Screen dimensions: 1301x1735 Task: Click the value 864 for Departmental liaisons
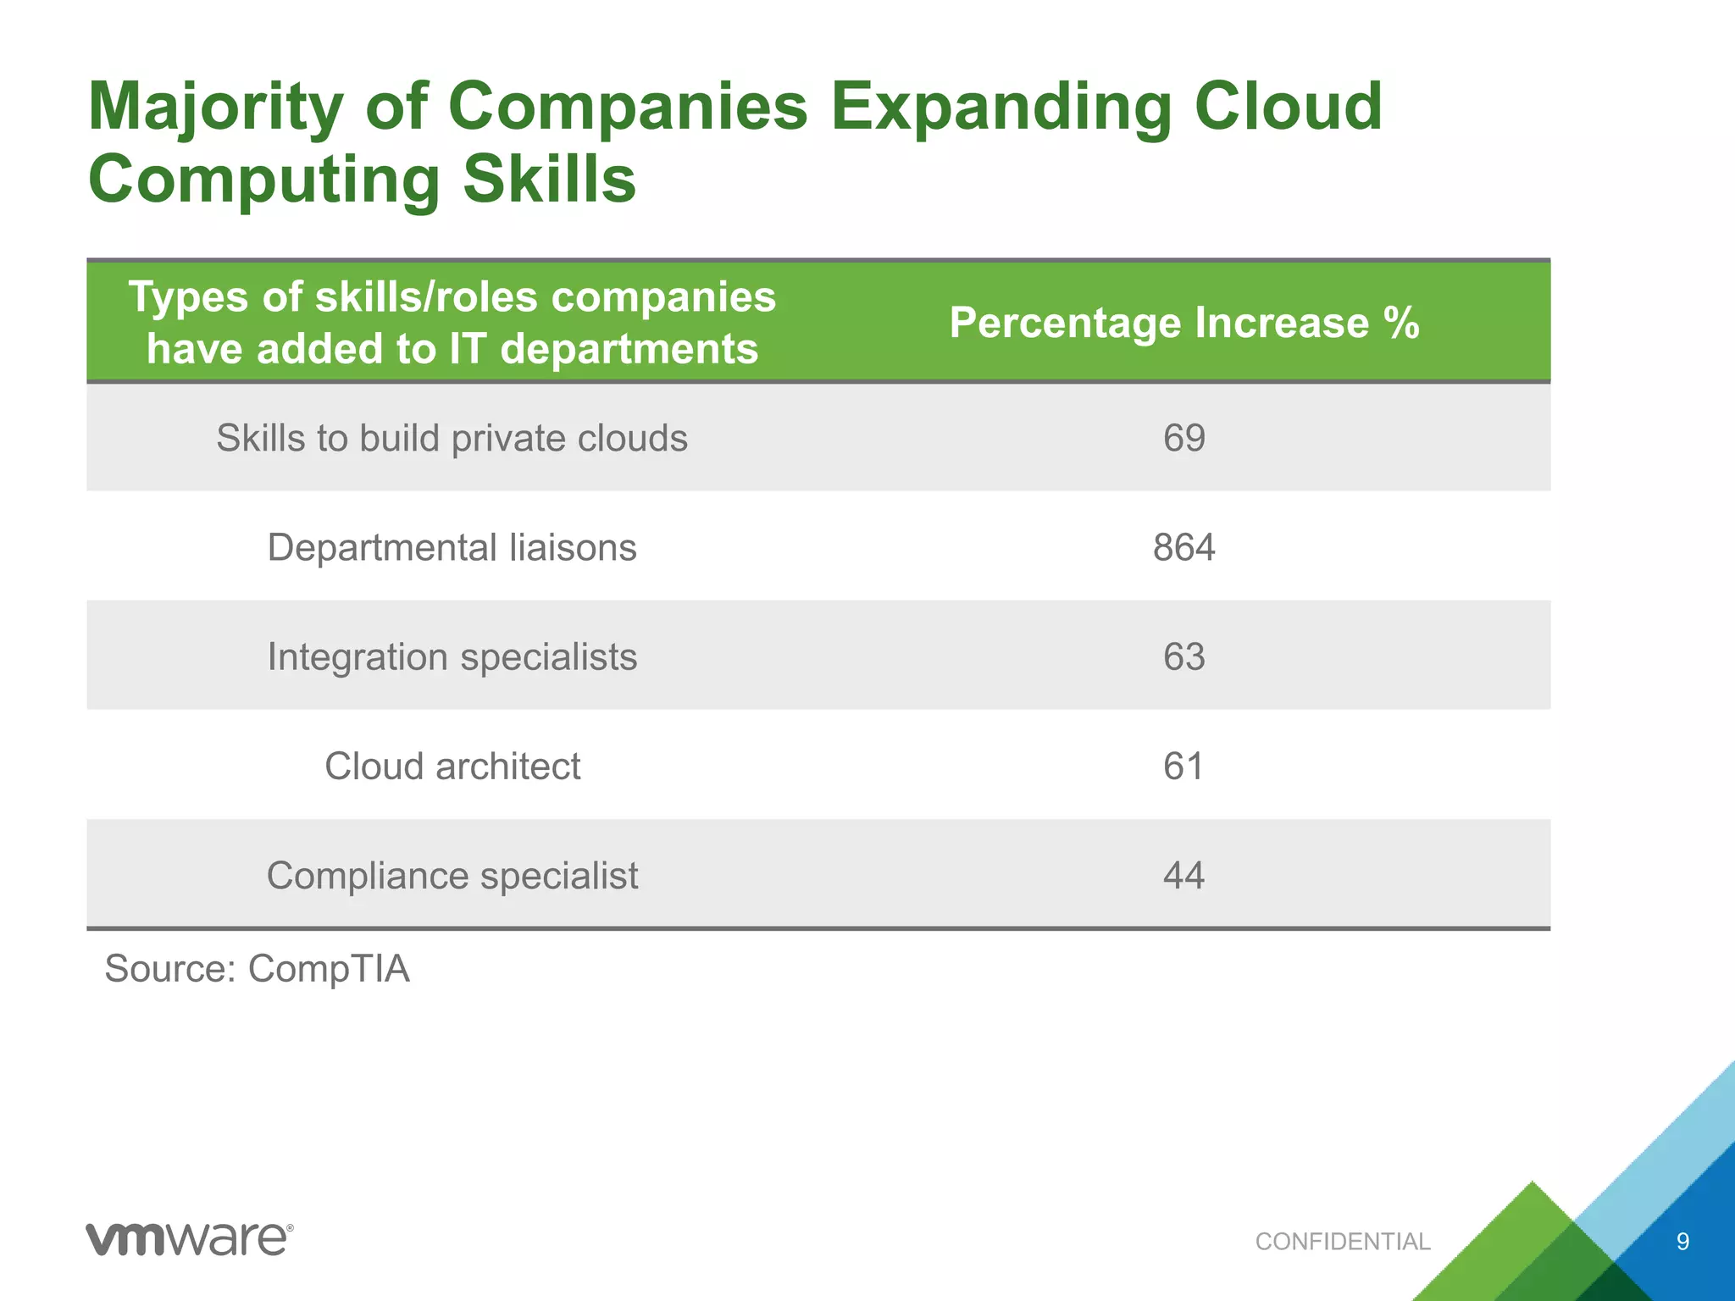1183,547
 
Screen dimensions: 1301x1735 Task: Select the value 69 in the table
1183,438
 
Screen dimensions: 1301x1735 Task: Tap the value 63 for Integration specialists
1183,656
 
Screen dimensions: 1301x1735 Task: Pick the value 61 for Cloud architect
1183,766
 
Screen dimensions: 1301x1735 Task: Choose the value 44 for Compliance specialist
1183,875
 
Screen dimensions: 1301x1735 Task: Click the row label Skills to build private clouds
452,438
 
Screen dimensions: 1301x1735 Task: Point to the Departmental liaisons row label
452,547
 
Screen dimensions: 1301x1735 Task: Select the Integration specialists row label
452,656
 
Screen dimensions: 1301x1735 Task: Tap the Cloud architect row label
452,766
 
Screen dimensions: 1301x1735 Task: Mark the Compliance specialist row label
452,875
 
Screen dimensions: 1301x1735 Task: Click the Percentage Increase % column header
1183,323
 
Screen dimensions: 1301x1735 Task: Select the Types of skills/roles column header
452,323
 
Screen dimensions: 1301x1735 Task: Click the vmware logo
189,1239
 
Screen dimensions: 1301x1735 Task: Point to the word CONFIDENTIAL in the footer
1342,1242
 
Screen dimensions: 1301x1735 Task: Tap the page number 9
1682,1242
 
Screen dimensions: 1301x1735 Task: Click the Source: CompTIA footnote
257,968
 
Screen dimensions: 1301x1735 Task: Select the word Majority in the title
215,108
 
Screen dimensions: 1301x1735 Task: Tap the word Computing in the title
263,181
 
